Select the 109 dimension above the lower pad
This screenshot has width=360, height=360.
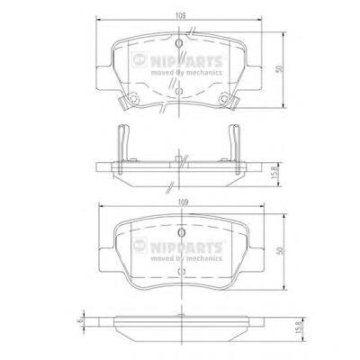tap(183, 202)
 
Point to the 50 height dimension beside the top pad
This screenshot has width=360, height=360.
tap(280, 68)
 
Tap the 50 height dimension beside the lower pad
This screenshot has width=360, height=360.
tap(280, 250)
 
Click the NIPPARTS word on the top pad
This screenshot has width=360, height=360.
tap(186, 62)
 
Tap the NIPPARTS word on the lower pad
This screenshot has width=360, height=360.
tap(186, 247)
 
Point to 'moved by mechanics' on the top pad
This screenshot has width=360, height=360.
tap(186, 73)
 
